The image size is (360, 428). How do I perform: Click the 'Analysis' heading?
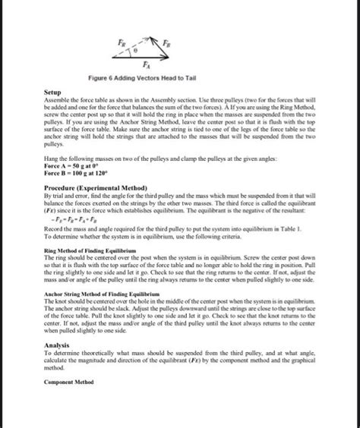(59, 346)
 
